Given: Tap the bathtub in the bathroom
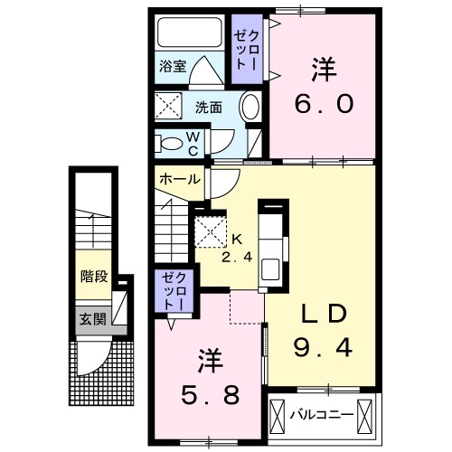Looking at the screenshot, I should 189,35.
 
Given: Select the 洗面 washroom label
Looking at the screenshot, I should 209,107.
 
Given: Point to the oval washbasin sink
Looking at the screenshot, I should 251,107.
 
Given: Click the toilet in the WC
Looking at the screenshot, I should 171,142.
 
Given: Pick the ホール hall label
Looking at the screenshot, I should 180,180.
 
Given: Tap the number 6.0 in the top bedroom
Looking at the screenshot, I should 322,103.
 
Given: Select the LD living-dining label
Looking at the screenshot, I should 324,313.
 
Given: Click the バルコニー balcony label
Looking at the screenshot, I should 322,416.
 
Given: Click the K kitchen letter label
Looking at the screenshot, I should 237,240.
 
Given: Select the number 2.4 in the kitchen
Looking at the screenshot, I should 237,256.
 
